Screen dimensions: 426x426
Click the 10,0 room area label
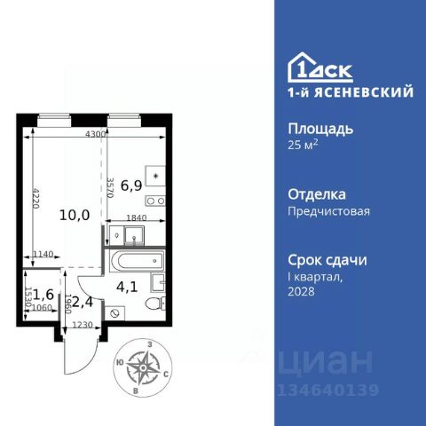tap(75, 215)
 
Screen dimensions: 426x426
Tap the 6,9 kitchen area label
tap(131, 185)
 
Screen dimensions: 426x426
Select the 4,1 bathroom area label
tap(127, 287)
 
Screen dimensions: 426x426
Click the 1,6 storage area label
tap(43, 295)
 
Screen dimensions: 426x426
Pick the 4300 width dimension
tap(95, 134)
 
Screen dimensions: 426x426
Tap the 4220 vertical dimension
tap(35, 198)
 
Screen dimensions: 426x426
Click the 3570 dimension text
tap(110, 187)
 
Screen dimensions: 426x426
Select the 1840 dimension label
tap(137, 218)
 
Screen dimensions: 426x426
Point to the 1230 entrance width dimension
tap(83, 325)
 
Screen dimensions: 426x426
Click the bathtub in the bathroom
tap(137, 261)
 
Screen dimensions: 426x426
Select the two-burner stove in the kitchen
tap(155, 201)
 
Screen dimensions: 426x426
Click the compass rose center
tap(143, 367)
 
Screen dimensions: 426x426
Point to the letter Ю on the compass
tap(120, 362)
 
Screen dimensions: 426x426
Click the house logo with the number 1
tap(320, 67)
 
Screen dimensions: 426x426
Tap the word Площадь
tap(320, 130)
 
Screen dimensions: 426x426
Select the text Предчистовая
tap(329, 211)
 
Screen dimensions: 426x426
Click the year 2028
tap(301, 292)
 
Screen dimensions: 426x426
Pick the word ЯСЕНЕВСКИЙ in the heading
tap(364, 92)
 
